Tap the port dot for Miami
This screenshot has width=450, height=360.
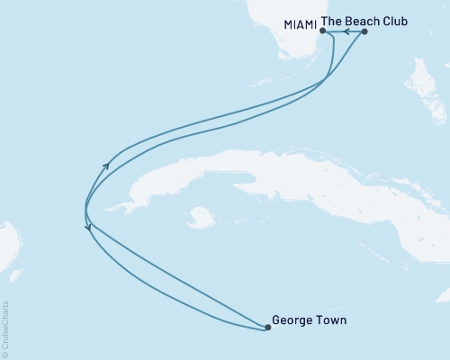click(322, 31)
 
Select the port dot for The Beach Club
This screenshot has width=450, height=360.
click(364, 31)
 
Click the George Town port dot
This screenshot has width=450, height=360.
click(267, 328)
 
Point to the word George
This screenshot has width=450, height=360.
click(292, 319)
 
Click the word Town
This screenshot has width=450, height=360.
click(330, 319)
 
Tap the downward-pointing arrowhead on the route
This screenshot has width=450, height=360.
click(87, 229)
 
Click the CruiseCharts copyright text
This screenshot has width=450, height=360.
click(5, 329)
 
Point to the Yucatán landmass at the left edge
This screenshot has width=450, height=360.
click(7, 243)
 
